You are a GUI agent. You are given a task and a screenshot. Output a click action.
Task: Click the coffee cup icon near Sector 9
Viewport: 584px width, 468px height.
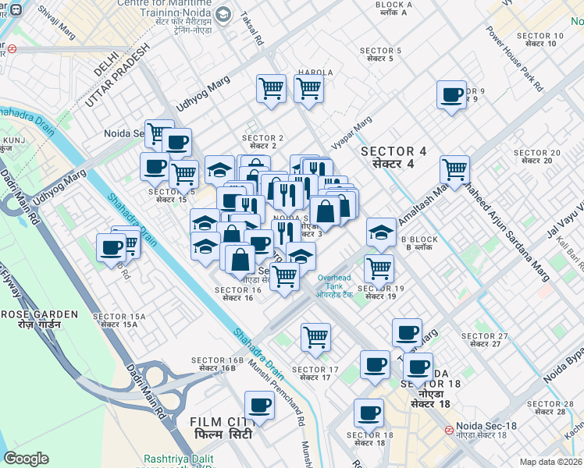tap(451, 96)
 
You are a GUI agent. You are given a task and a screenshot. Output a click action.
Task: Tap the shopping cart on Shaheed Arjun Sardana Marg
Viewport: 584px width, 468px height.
tap(454, 168)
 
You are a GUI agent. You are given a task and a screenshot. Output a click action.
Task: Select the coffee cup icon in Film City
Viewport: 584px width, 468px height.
tap(259, 406)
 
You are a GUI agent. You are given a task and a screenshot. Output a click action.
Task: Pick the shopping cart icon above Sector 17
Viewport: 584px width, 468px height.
tap(315, 338)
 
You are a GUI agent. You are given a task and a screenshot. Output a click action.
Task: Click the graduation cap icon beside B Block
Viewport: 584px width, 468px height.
tap(381, 232)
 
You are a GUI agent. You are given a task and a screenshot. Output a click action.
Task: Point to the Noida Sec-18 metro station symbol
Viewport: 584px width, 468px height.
tap(449, 430)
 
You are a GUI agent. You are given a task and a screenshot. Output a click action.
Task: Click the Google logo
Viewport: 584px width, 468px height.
tap(27, 459)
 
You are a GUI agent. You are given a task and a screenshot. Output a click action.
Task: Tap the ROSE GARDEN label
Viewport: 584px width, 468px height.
tap(39, 314)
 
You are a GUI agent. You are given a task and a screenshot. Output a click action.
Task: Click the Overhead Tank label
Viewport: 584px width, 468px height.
tap(334, 282)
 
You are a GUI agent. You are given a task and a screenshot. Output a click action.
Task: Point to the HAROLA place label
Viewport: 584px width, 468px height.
tap(315, 73)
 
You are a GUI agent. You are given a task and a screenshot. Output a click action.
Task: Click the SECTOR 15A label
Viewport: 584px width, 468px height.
tap(119, 317)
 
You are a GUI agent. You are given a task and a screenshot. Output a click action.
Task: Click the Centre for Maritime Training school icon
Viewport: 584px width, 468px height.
tap(223, 15)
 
